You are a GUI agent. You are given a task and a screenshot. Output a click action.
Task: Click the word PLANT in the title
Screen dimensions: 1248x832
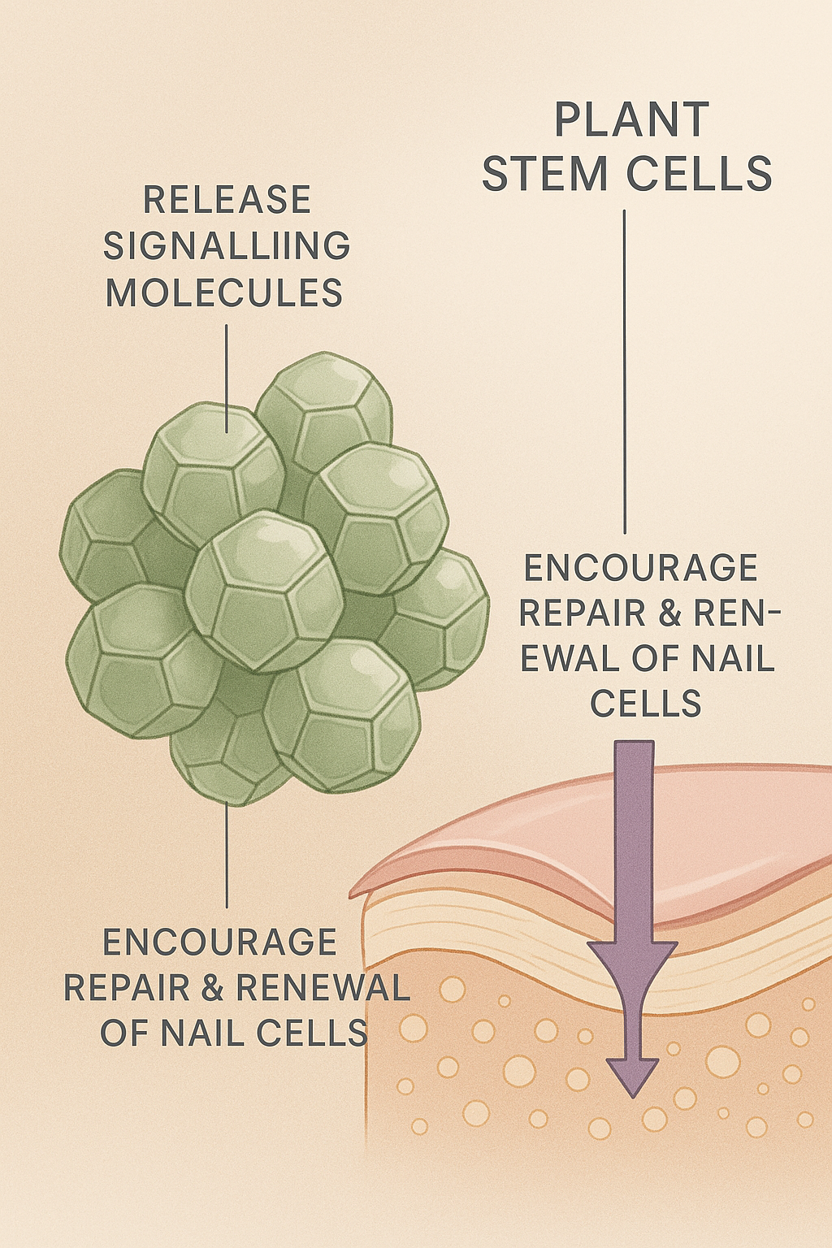[631, 120]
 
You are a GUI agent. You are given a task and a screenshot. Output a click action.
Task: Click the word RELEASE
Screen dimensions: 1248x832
[227, 200]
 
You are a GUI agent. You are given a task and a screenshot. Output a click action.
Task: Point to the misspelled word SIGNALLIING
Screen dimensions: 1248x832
[227, 246]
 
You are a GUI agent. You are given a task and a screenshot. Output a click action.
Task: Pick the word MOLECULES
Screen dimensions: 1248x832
[224, 292]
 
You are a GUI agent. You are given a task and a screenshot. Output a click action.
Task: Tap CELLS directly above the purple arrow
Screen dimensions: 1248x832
[646, 703]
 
